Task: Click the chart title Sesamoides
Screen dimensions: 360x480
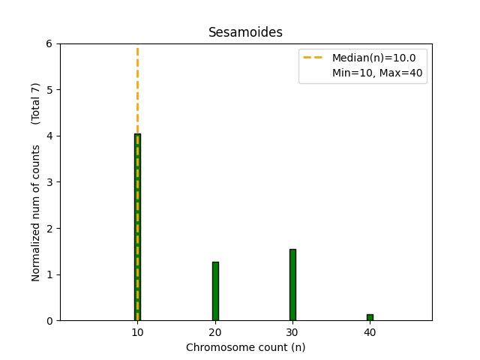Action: (x=245, y=32)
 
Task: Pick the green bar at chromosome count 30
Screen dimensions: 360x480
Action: (x=292, y=285)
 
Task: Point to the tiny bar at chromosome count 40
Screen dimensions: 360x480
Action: (x=370, y=317)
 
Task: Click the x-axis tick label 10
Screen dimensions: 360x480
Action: (x=137, y=332)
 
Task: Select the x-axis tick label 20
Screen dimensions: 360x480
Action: (x=215, y=332)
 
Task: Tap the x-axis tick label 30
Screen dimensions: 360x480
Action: (x=292, y=332)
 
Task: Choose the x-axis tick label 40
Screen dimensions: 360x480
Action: (x=370, y=332)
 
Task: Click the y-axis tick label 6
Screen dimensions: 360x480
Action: (x=49, y=43)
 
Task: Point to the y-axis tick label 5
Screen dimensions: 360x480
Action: (x=49, y=90)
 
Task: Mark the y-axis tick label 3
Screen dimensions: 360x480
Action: (x=49, y=182)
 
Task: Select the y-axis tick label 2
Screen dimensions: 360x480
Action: (x=49, y=228)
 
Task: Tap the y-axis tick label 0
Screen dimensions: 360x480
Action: (x=49, y=320)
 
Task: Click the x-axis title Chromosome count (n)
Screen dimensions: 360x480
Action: (x=245, y=347)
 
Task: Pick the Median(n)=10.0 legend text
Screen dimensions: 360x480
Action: (x=373, y=57)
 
